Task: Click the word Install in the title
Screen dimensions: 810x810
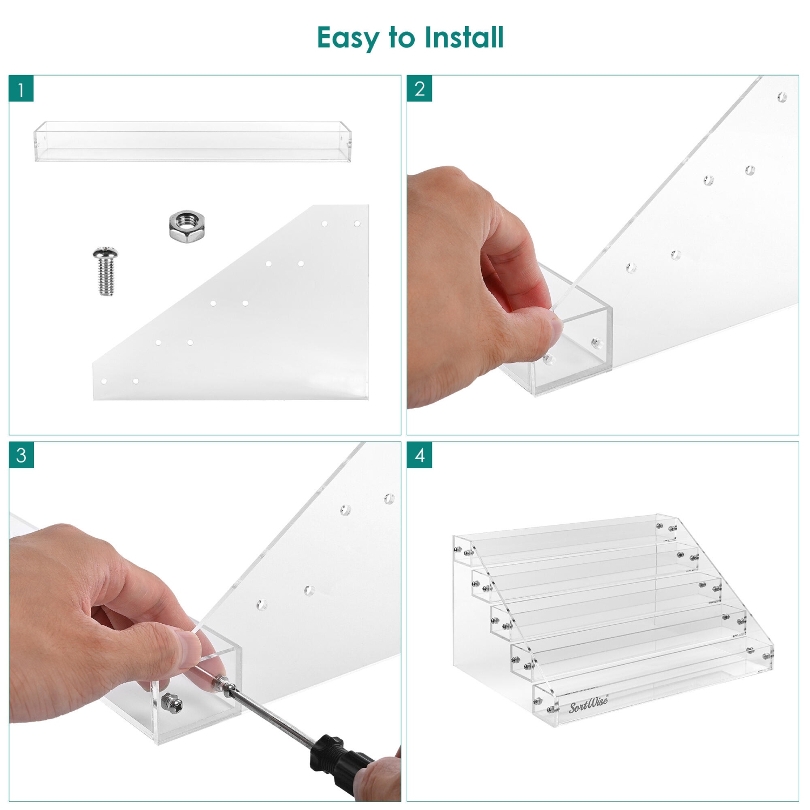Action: pos(464,37)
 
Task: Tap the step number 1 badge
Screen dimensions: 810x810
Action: pos(21,89)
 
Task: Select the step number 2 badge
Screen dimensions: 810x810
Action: pos(420,89)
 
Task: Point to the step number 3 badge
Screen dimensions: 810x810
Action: pos(21,455)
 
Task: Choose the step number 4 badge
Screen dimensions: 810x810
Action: pos(420,455)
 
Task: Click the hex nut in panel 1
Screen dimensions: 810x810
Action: pos(187,226)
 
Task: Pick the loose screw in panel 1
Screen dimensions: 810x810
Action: pos(106,271)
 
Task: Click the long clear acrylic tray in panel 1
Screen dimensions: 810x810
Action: pos(193,141)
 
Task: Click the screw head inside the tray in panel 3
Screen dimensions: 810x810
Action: pos(173,704)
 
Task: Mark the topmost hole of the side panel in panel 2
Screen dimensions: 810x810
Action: pos(782,97)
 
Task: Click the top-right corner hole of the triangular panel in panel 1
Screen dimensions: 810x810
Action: pos(357,224)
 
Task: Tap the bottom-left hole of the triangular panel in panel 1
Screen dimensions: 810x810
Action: pos(104,381)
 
